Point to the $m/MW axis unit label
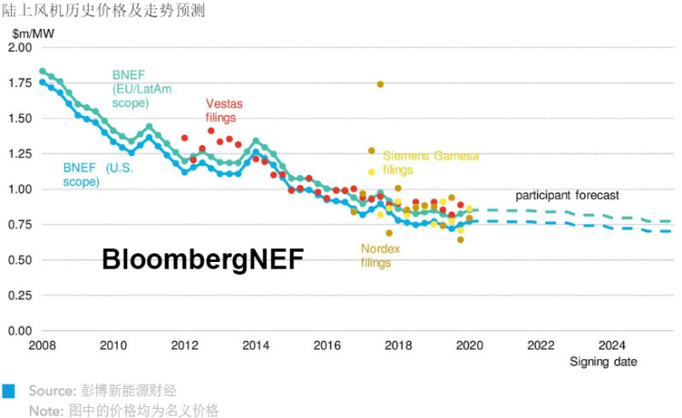click(33, 33)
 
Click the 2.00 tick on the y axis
click(19, 48)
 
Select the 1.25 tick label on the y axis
click(19, 154)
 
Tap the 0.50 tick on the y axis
click(19, 259)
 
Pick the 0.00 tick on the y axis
click(19, 330)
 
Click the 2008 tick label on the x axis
click(43, 345)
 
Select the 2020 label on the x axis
click(470, 345)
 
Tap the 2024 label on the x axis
click(611, 345)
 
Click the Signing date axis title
click(604, 362)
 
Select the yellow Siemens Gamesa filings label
click(431, 162)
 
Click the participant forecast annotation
click(567, 195)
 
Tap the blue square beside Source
click(9, 391)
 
